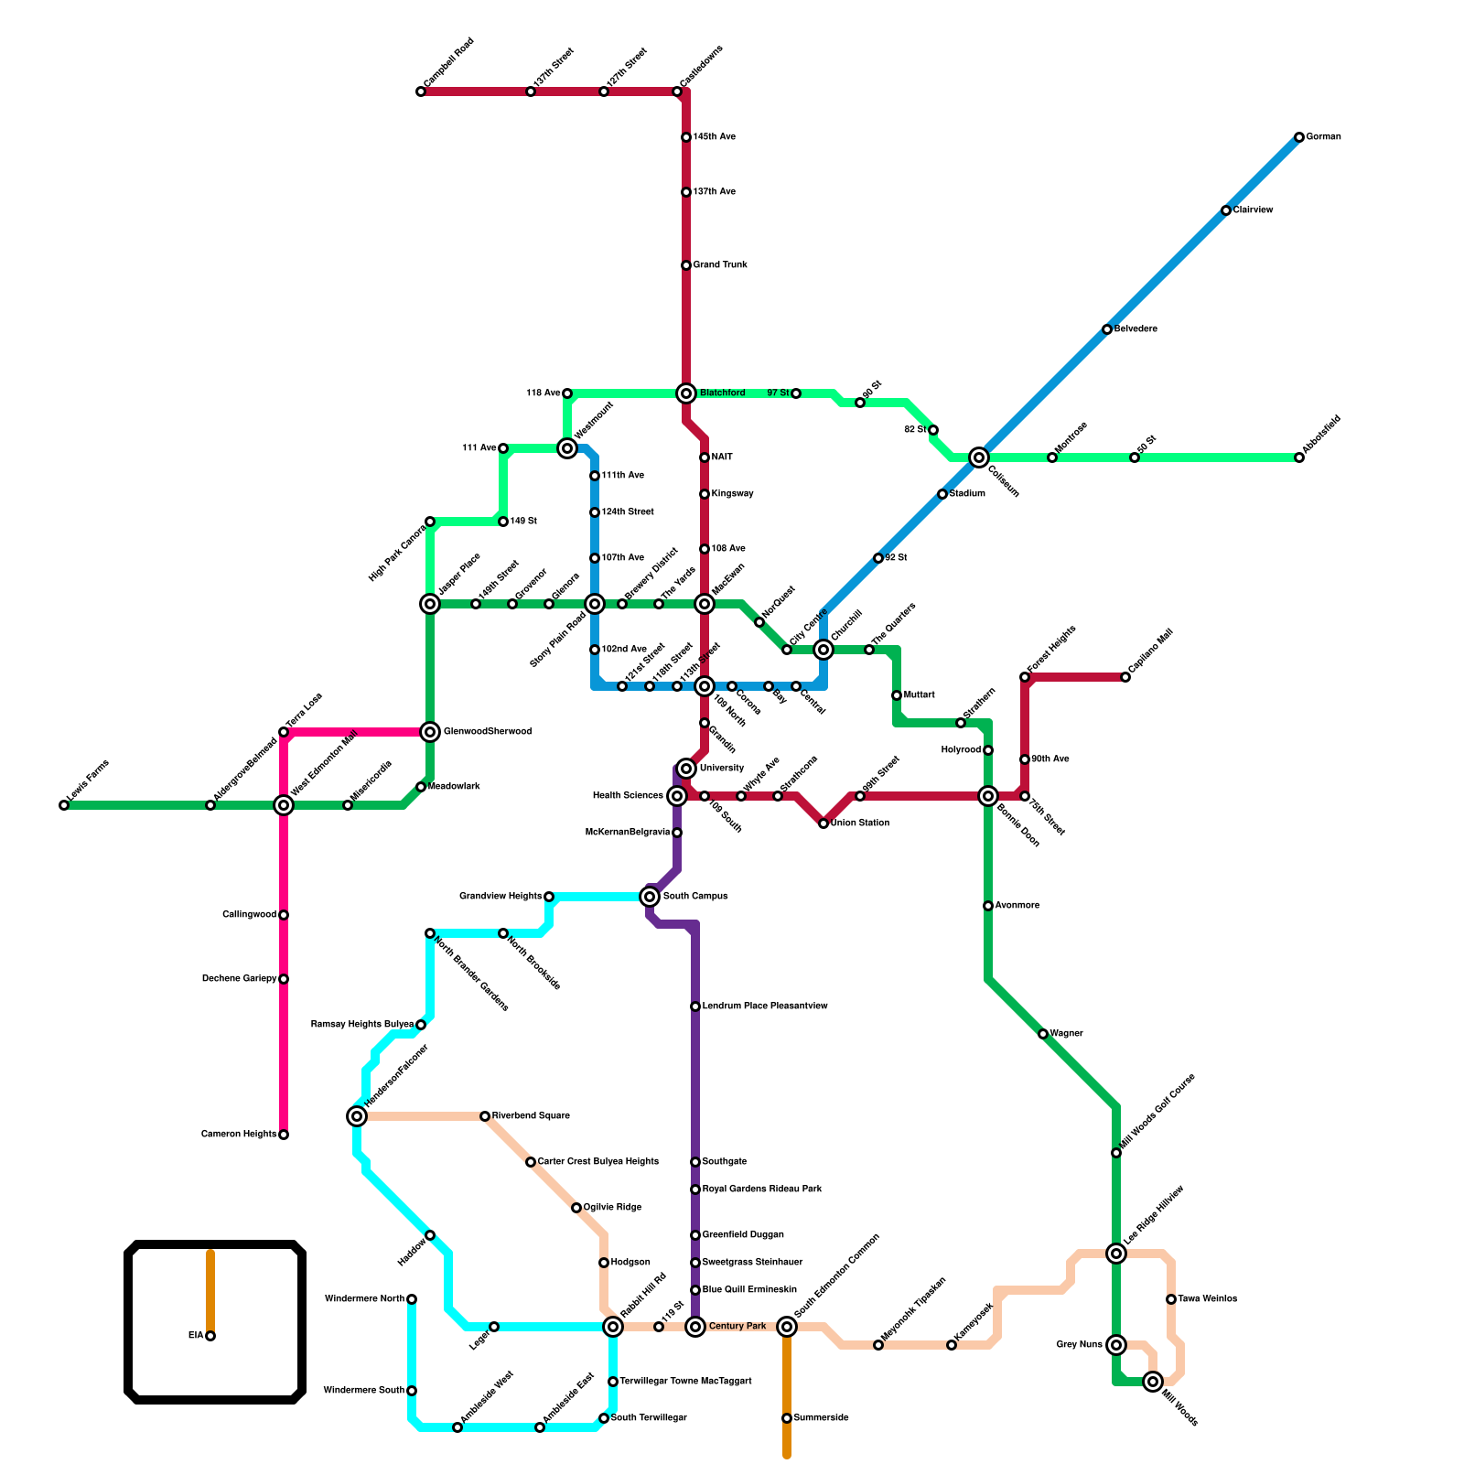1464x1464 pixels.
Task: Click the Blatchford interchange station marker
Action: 686,393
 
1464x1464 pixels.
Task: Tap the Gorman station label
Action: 1323,137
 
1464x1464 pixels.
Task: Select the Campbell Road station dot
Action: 421,91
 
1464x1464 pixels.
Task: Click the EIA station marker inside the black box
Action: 210,1336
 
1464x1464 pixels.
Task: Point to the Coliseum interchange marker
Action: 979,457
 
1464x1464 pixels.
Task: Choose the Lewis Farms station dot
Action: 64,805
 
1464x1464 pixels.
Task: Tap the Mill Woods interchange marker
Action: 1153,1382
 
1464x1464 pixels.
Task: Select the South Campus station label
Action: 695,897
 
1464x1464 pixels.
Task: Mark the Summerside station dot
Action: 787,1418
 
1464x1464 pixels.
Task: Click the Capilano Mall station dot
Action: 1125,677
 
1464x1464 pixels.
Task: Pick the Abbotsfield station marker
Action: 1299,457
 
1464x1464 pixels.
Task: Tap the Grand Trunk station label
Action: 720,265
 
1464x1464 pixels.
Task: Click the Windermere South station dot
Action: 412,1391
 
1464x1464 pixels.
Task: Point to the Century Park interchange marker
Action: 695,1327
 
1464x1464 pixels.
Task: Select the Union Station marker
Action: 823,823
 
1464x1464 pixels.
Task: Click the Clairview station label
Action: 1253,210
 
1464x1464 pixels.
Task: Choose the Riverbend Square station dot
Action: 485,1116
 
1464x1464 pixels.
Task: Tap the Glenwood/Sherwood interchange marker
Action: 430,732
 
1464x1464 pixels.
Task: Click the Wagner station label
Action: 1066,1034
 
